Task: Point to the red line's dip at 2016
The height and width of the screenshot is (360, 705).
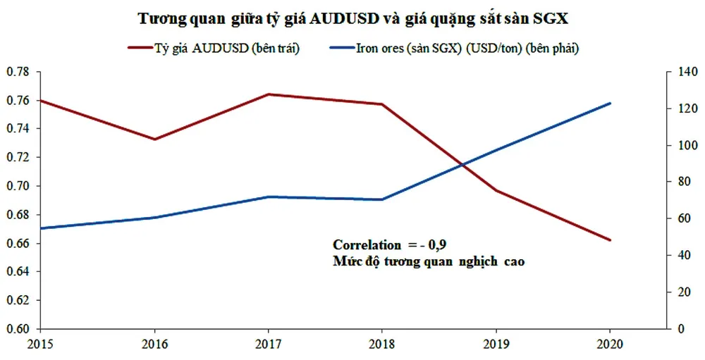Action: click(154, 139)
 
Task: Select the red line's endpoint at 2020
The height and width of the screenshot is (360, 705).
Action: click(609, 240)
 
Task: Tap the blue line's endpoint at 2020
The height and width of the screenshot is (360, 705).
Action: click(609, 104)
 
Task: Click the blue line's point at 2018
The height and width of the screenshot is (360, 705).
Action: click(382, 199)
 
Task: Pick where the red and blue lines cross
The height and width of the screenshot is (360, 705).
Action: click(462, 165)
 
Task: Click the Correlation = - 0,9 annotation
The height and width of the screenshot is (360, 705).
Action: click(390, 244)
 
